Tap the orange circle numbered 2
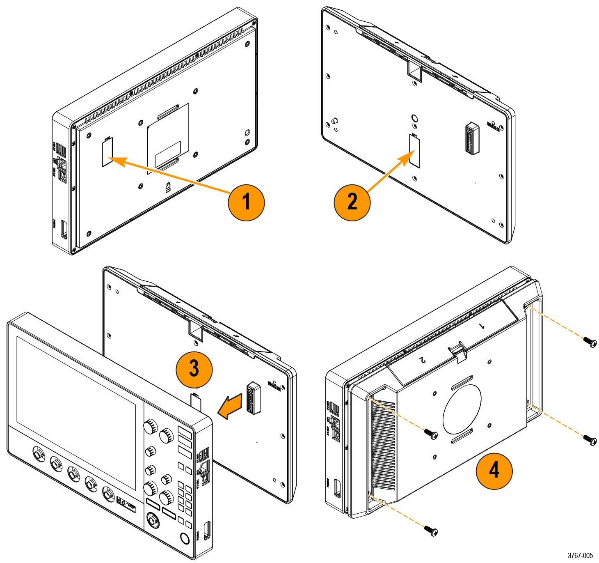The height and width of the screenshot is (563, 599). pyautogui.click(x=352, y=201)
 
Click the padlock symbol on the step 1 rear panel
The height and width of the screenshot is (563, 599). pyautogui.click(x=168, y=188)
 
